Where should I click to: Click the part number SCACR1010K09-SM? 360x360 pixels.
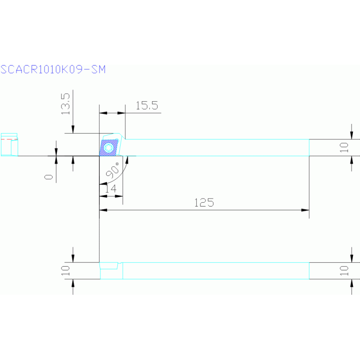[x=53, y=69]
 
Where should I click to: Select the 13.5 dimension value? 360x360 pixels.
[x=65, y=103]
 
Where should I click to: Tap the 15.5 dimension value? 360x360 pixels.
[x=147, y=106]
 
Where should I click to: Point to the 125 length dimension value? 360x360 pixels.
[x=204, y=203]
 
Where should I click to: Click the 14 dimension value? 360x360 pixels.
[x=110, y=189]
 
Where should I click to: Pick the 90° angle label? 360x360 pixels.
[x=114, y=170]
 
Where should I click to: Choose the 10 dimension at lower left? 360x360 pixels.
[x=65, y=270]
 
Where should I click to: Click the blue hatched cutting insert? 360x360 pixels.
[x=109, y=147]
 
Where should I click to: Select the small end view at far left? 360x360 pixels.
[x=9, y=145]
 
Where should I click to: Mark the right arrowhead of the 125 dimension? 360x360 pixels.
[x=306, y=210]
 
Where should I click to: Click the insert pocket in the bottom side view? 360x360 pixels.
[x=110, y=266]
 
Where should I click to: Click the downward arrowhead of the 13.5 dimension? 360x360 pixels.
[x=73, y=130]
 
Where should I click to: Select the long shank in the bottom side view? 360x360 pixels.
[x=216, y=271]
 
